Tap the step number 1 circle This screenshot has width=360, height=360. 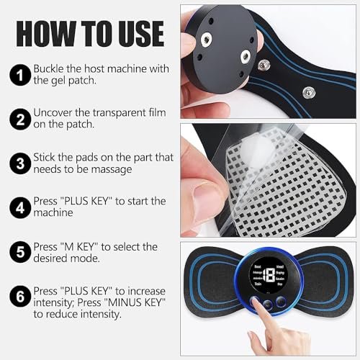coord(19,74)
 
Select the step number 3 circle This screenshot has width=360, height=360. coord(19,163)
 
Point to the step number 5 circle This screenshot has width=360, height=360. coord(19,252)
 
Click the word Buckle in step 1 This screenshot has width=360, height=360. coord(51,68)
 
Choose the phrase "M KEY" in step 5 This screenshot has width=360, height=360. coord(89,246)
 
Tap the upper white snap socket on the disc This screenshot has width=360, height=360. coord(216,22)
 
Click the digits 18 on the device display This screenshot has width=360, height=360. coord(270,276)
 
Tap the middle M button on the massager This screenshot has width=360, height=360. coord(267,305)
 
